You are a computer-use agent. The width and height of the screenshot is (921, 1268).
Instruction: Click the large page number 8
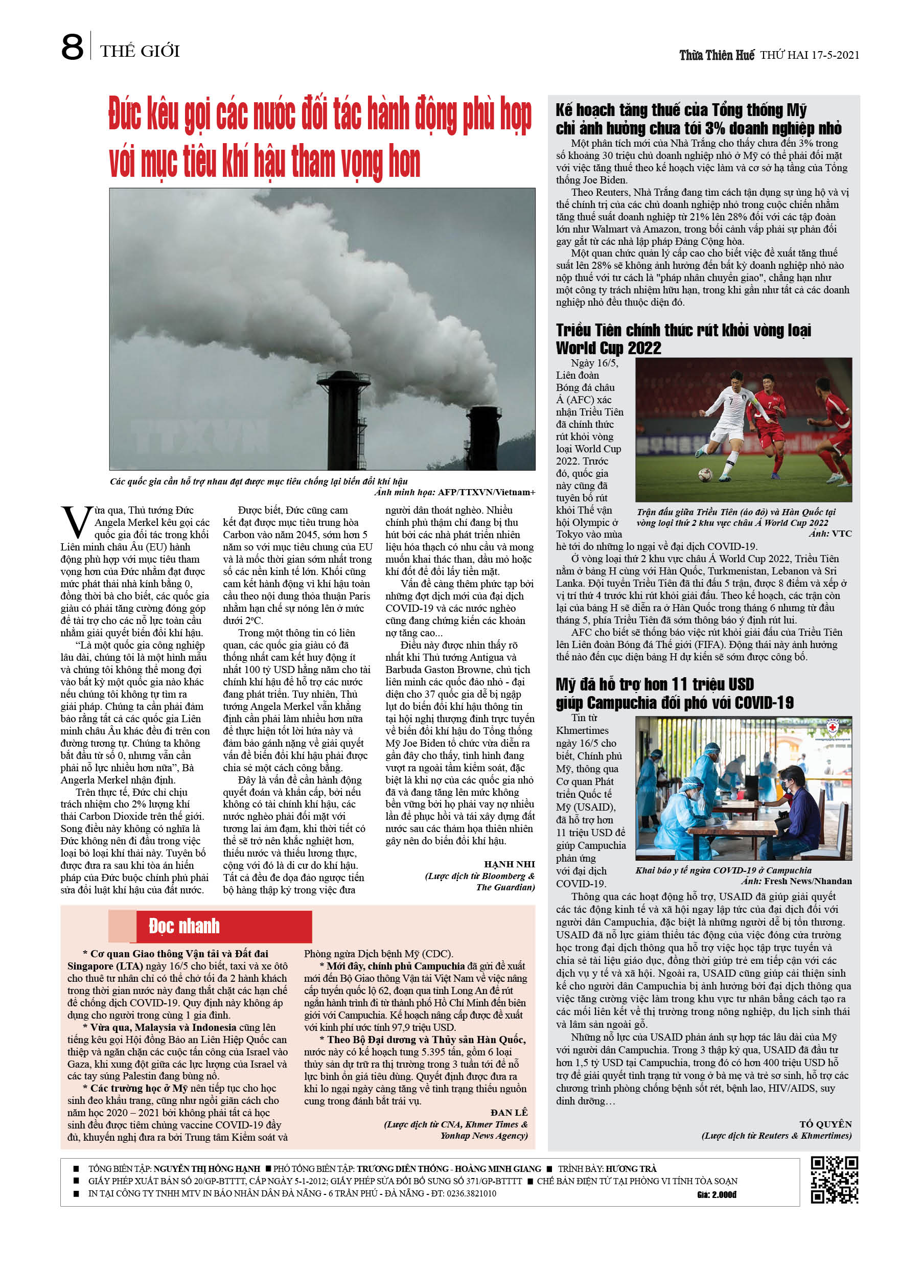pos(72,47)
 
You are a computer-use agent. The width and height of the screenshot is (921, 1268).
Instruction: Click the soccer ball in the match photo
pos(705,475)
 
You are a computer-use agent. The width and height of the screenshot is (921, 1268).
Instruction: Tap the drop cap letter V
pos(76,522)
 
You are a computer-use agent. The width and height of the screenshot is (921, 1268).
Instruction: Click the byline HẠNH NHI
pos(509,864)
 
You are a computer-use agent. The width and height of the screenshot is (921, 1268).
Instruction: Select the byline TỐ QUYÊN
pos(825,1124)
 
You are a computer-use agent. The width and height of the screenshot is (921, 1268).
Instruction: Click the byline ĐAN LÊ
pos(509,1112)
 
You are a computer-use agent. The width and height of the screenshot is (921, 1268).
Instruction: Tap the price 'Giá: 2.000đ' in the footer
pos(717,1194)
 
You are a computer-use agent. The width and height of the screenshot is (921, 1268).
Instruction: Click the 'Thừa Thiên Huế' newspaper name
pos(717,55)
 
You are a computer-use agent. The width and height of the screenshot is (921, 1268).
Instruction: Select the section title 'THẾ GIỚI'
pos(140,52)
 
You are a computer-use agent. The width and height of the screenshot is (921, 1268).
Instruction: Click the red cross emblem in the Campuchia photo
pos(833,727)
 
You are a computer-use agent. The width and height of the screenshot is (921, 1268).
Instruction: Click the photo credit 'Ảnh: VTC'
pos(830,534)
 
